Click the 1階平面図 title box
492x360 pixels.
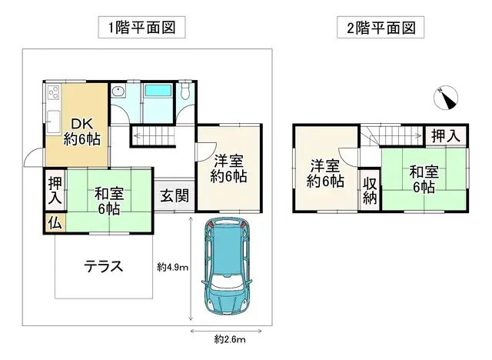[x=143, y=28]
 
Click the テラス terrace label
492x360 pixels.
[x=104, y=267]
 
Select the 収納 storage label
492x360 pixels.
[x=370, y=189]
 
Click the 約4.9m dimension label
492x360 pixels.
[x=172, y=267]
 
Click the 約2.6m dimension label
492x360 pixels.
[x=229, y=338]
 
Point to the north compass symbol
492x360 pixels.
[x=445, y=98]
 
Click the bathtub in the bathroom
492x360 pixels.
[x=158, y=95]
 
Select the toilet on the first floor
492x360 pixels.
[x=184, y=94]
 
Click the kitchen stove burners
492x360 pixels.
[x=53, y=95]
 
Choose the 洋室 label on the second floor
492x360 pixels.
[x=324, y=173]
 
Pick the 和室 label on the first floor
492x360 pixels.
[x=108, y=200]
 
